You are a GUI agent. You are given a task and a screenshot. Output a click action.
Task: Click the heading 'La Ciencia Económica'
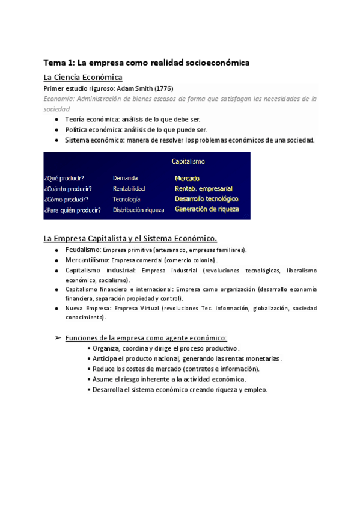coord(83,77)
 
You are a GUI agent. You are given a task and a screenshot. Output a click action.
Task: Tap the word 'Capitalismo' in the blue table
coord(189,161)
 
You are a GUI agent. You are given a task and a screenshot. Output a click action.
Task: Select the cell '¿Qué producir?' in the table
coord(64,179)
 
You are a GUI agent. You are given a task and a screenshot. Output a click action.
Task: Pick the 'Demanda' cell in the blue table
coord(125,178)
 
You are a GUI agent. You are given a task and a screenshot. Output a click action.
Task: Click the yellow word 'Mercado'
coord(188,179)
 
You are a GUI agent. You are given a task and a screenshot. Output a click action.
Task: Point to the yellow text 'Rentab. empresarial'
coord(203,189)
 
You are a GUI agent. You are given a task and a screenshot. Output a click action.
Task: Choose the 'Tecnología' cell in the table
coord(127,199)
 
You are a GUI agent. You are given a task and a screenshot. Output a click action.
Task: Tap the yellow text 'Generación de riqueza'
coord(207,209)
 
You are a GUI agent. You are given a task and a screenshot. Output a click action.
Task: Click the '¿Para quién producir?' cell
coord(73,210)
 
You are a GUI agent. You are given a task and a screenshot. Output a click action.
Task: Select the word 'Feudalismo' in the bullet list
coord(83,249)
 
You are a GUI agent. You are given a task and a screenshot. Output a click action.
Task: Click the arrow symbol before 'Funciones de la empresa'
coord(58,338)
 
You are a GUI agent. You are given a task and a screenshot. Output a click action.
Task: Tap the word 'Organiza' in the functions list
coord(106,348)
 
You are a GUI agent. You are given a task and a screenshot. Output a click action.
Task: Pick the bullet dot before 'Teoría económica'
coord(56,120)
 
